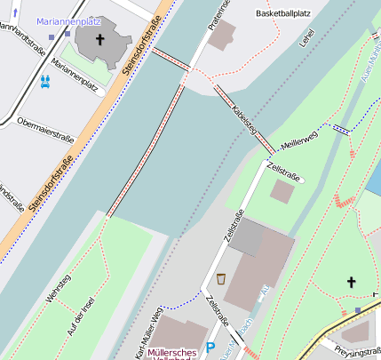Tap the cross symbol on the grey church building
point(99,40)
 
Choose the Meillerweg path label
point(299,140)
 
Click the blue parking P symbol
point(210,348)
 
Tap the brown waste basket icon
point(220,278)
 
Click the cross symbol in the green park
point(351,282)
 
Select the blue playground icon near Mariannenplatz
point(44,81)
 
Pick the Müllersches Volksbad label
point(174,355)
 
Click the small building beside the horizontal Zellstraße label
point(282,192)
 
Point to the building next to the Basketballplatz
point(223,36)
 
